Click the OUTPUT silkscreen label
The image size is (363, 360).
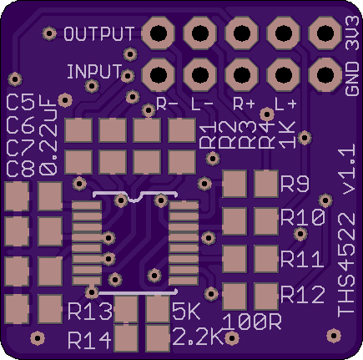pos(99,33)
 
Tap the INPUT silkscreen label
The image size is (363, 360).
pos(94,71)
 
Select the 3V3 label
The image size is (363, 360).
pos(352,33)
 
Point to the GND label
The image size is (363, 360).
pos(352,79)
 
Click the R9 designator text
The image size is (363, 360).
pos(295,184)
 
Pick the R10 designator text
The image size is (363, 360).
pos(303,217)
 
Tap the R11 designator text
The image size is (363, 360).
pos(302,259)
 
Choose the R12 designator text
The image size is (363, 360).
pos(303,295)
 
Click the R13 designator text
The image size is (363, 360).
pos(90,312)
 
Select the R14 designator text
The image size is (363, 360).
pos(89,340)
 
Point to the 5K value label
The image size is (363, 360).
pos(186,311)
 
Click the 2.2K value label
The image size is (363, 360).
pos(199,337)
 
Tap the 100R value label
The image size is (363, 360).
pos(252,322)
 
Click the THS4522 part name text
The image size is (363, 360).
pos(346,265)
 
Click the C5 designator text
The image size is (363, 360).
pos(21,103)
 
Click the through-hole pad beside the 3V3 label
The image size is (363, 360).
pos(325,33)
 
